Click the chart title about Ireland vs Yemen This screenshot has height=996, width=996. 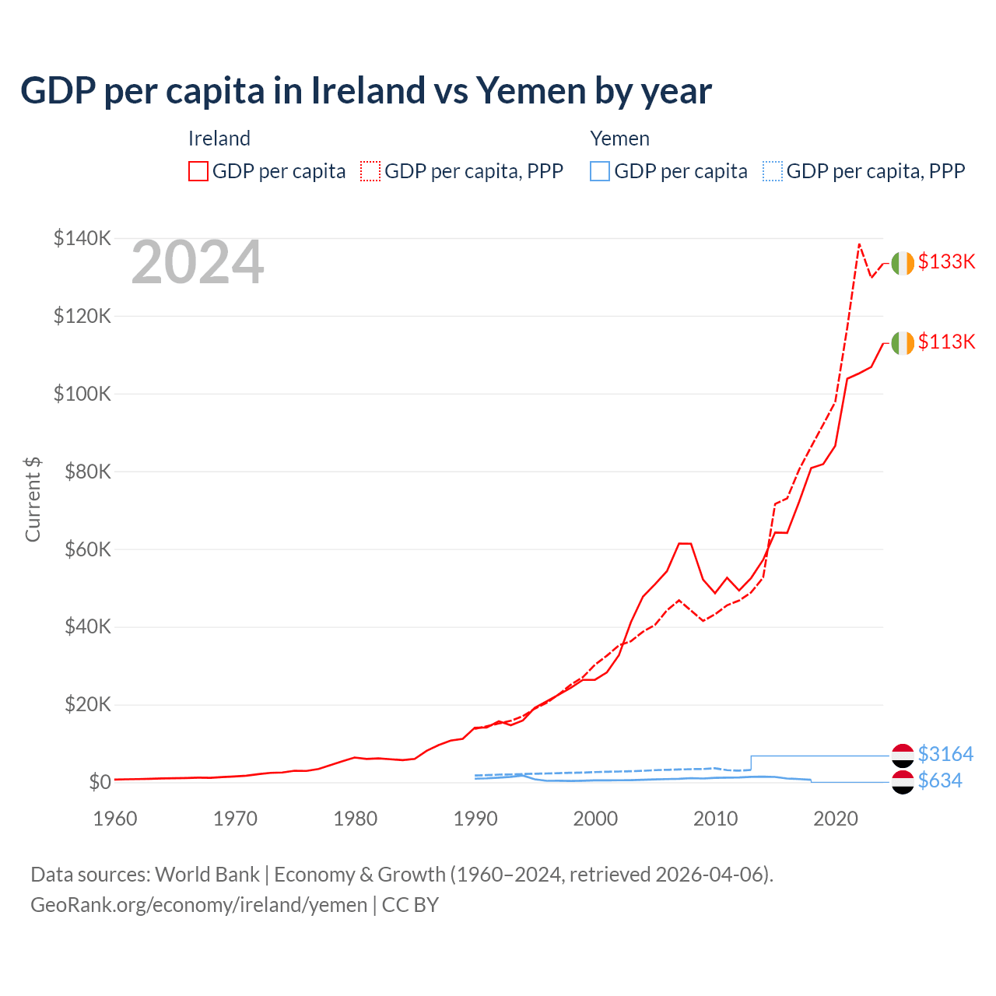coord(366,91)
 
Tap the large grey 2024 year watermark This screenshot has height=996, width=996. coord(198,263)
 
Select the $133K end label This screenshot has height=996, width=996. coord(946,261)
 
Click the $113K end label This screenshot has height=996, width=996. coord(946,342)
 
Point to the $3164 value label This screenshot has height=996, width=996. coord(945,754)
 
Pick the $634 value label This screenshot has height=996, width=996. coord(940,780)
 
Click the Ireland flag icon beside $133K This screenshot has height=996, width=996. coord(903,264)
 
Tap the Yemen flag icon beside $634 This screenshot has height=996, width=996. coord(903,782)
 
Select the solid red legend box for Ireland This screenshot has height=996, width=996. coord(198,171)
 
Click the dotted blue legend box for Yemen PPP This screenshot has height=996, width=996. coord(773,171)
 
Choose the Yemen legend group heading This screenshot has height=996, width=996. coord(619,139)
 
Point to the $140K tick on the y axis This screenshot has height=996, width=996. coord(82,238)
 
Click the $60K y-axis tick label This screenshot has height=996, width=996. coord(86,549)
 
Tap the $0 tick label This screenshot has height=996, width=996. coord(100,782)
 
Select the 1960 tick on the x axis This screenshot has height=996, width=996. coord(115,819)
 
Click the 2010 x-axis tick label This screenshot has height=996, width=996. coord(715,819)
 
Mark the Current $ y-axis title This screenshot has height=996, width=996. coord(33,499)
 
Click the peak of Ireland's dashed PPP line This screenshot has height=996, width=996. coord(859,244)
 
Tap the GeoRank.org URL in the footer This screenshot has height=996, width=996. coord(198,905)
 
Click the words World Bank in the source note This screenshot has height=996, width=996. coord(207,875)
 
